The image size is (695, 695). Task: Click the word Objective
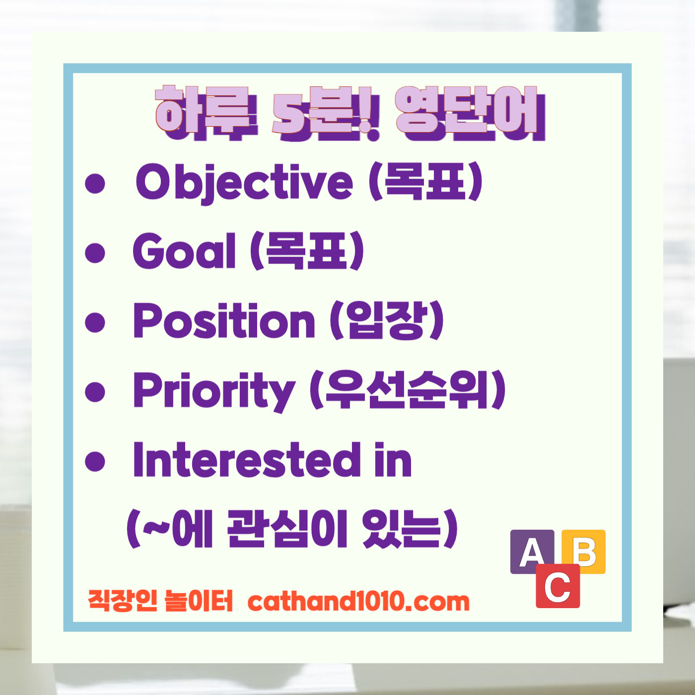point(244,182)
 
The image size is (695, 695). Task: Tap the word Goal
point(184,251)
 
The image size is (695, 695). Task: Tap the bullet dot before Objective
point(95,183)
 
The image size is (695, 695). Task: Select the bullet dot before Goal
point(95,253)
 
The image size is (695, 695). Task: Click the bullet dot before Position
point(95,322)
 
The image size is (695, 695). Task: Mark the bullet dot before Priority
point(95,392)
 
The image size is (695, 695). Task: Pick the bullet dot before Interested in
point(95,461)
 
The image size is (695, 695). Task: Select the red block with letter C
point(557,587)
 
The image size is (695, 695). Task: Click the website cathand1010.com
point(358,602)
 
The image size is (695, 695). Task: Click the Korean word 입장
point(387,321)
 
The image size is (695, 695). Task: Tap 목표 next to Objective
point(425,182)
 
